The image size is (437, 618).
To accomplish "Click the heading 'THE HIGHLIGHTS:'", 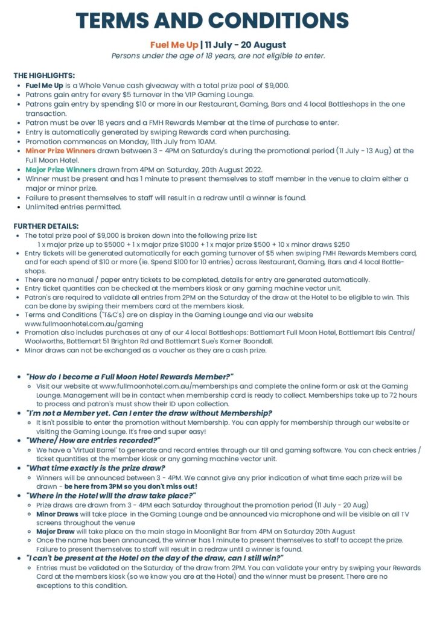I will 44,75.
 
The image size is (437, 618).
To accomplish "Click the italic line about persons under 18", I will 218,56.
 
